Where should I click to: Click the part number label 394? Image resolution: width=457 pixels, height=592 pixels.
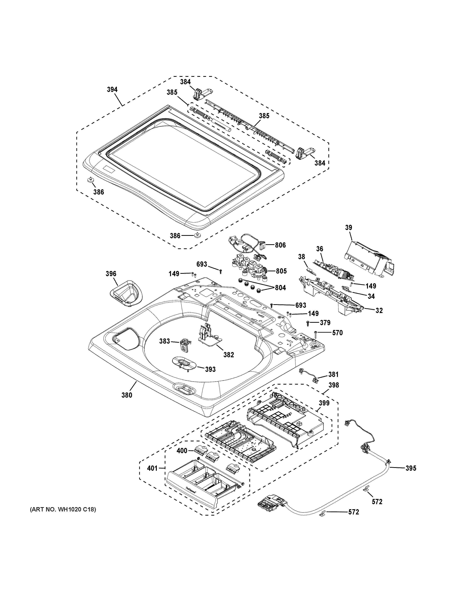[112, 90]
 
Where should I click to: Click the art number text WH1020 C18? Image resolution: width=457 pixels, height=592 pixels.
[63, 510]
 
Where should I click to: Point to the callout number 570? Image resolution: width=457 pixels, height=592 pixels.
[337, 333]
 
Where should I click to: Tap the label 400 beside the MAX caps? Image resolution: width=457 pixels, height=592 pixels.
[182, 451]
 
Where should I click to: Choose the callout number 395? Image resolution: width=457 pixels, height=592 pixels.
[411, 468]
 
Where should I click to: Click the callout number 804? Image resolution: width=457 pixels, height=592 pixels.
[280, 288]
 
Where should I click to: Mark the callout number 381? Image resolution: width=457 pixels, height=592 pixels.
[333, 374]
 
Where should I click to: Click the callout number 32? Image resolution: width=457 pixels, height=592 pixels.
[379, 311]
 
